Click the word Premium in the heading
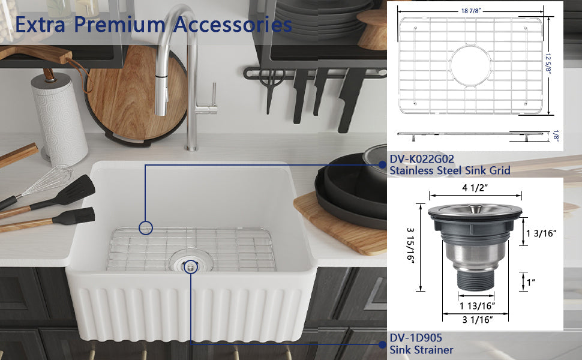coord(119,25)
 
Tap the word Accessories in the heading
coord(232,25)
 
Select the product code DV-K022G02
coord(422,159)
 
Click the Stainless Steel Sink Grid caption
coord(450,170)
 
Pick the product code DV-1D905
coord(416,338)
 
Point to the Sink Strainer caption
coord(421,350)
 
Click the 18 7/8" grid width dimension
coord(470,11)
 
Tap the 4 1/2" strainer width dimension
coord(475,188)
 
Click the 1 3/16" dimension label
coord(541,233)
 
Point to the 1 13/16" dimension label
coord(477,306)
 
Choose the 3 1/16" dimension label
coord(478,320)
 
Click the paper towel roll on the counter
coord(59,119)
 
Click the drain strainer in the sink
coord(191,262)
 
